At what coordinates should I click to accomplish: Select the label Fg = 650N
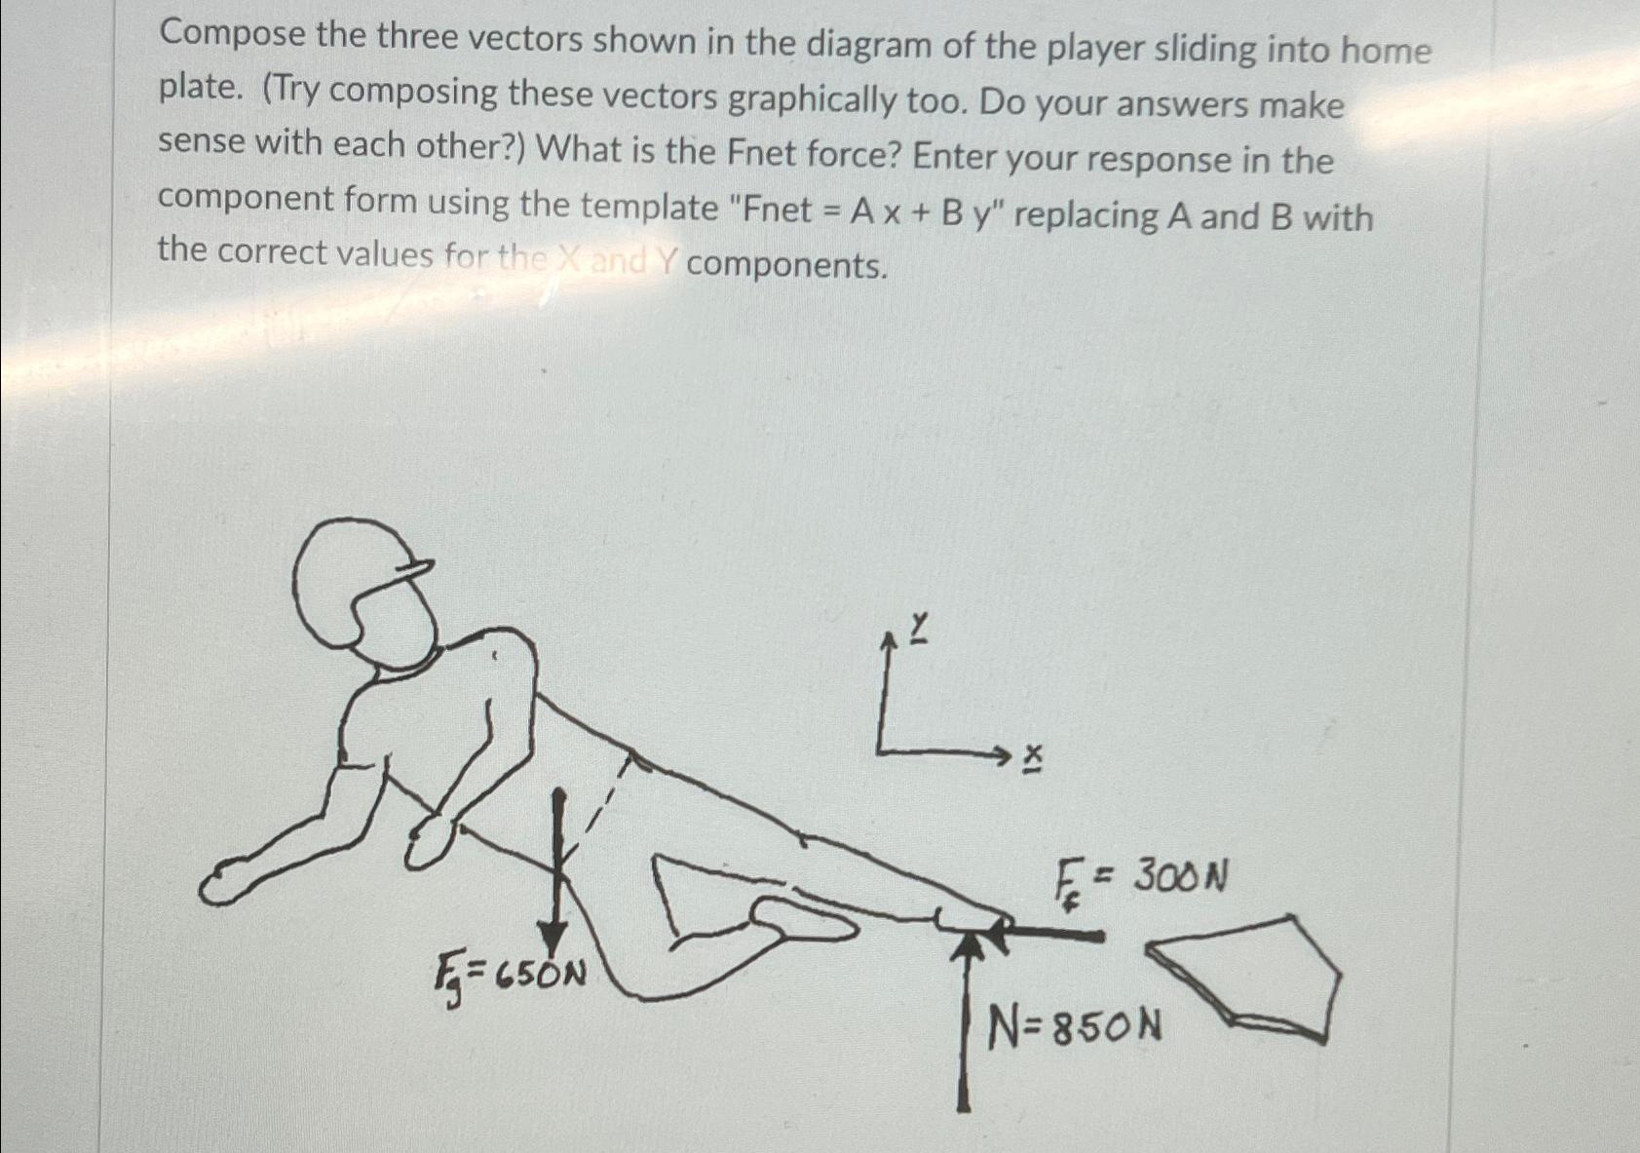pos(510,974)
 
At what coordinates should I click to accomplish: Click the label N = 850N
pos(1075,1026)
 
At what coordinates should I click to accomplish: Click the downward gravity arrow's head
pos(554,941)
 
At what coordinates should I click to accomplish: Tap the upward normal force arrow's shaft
pos(964,1033)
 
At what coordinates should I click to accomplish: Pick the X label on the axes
pos(1032,758)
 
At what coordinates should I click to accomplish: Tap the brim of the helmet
pos(414,571)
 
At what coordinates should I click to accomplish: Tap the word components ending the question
pos(785,264)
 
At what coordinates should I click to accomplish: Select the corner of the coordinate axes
pos(879,751)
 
